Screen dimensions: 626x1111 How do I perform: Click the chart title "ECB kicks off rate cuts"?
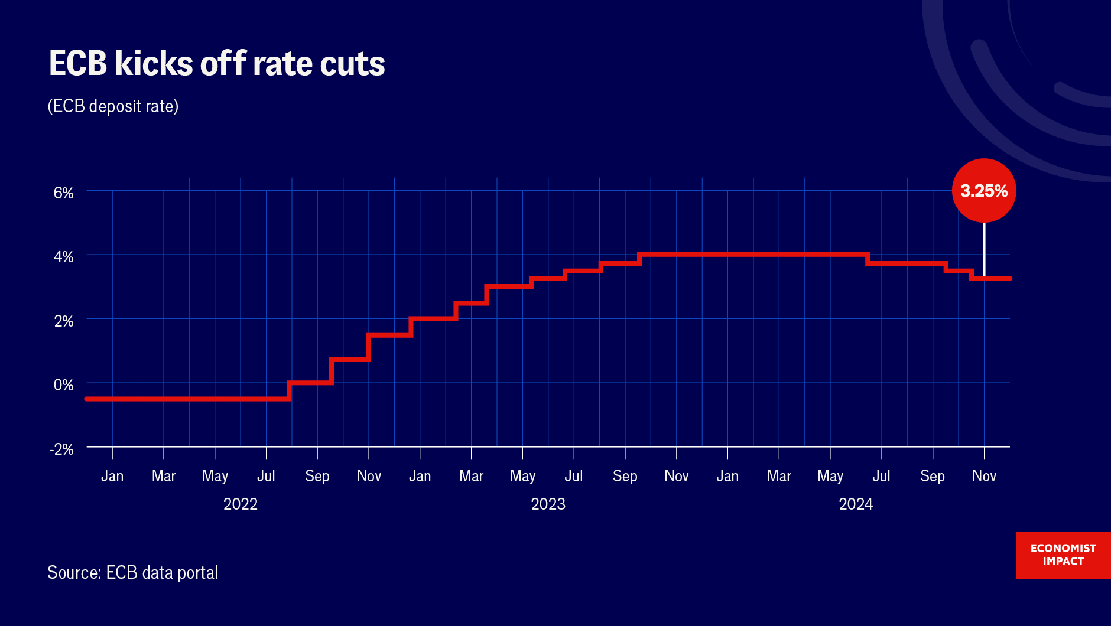(217, 64)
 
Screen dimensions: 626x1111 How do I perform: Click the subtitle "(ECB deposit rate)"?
(113, 106)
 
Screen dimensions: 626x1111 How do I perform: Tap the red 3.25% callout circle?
(984, 190)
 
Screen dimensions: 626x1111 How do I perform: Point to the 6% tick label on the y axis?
(63, 193)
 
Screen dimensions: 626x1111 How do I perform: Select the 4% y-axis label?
(63, 257)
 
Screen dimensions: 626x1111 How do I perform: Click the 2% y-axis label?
(63, 321)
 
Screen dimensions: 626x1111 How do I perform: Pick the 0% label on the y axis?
(63, 385)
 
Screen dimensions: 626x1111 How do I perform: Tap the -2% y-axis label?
(61, 449)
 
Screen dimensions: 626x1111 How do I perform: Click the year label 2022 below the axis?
(241, 504)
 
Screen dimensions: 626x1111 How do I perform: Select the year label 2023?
(548, 504)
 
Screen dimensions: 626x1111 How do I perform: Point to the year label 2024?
(856, 504)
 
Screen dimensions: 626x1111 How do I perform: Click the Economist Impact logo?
(1063, 555)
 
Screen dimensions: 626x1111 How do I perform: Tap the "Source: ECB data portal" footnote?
(132, 573)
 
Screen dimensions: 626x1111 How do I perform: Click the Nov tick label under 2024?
(984, 476)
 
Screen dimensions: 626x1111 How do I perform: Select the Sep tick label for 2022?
(317, 476)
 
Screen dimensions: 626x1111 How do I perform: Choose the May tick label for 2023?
(522, 476)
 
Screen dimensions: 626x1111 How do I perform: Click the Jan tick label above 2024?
(727, 476)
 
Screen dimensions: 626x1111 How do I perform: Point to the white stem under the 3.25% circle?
(984, 248)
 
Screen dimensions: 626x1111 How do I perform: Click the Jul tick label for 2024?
(881, 476)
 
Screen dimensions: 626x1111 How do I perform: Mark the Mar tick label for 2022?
(164, 476)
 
